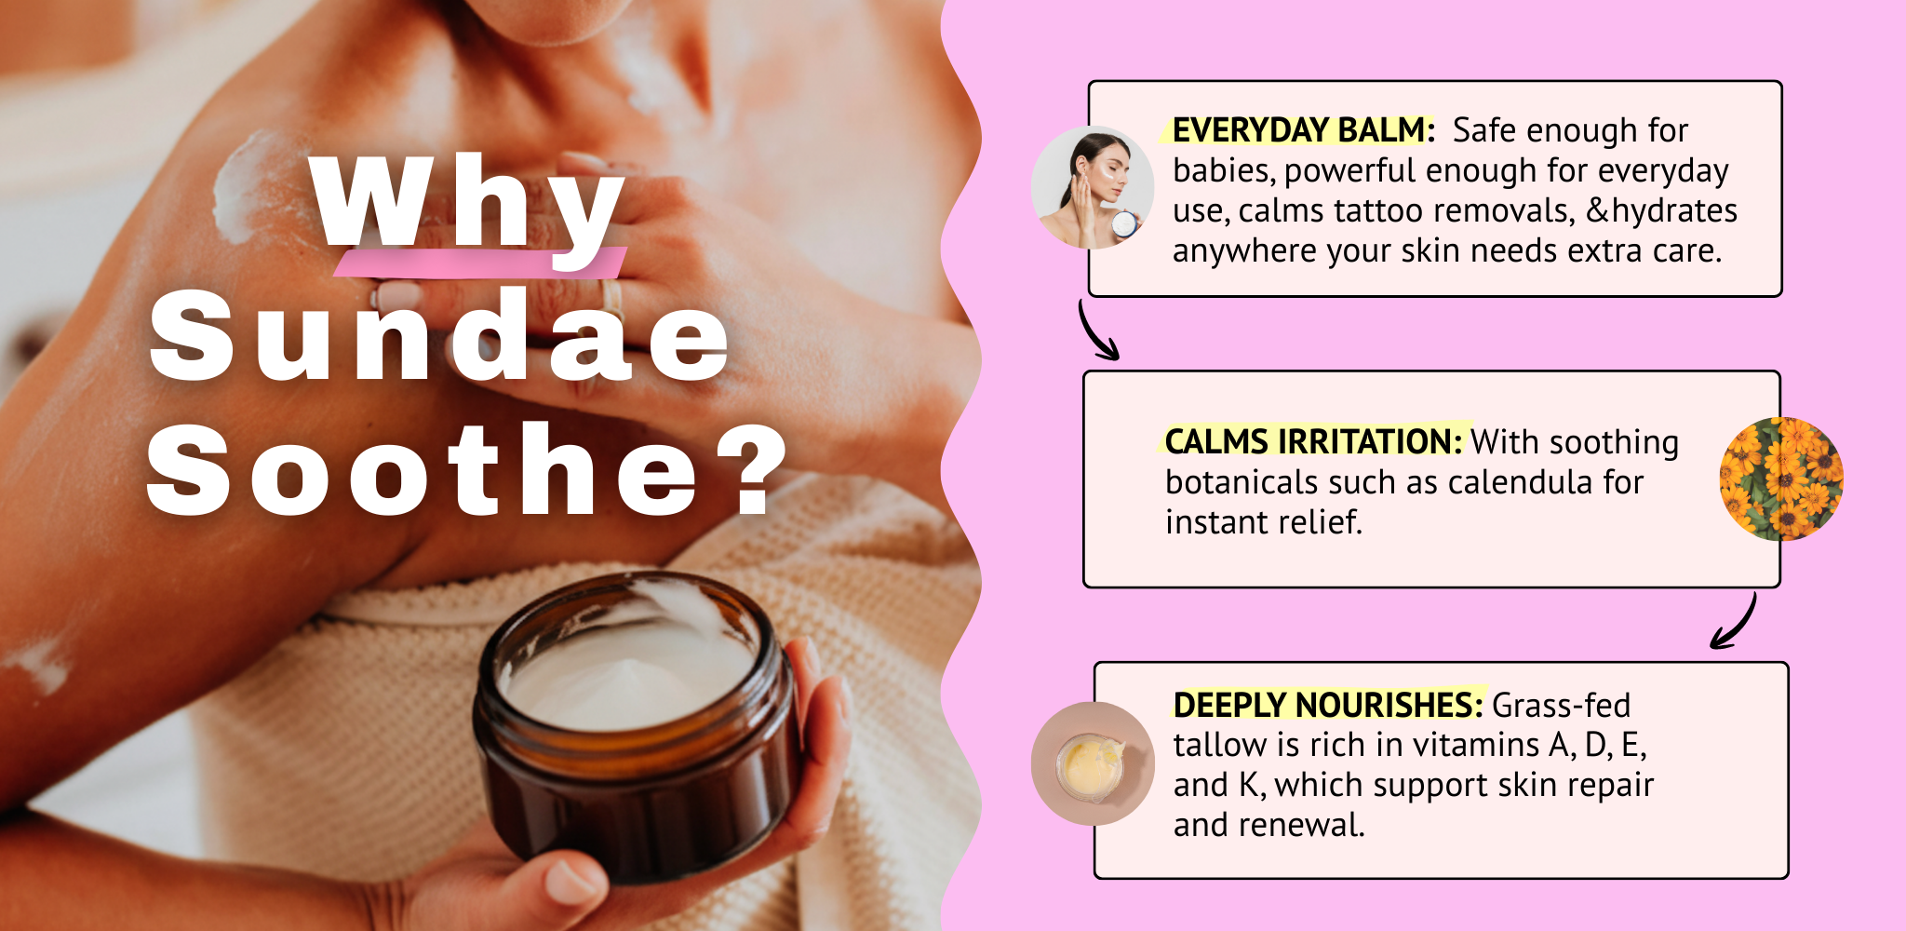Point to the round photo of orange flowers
[1781, 479]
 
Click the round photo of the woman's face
[1093, 187]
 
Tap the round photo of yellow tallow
[1093, 763]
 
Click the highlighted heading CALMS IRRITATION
[1314, 441]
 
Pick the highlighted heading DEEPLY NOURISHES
[1328, 705]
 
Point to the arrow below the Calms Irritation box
[1737, 622]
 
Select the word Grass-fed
[1561, 705]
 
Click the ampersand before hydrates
[1597, 210]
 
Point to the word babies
[1224, 171]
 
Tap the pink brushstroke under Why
[480, 263]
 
